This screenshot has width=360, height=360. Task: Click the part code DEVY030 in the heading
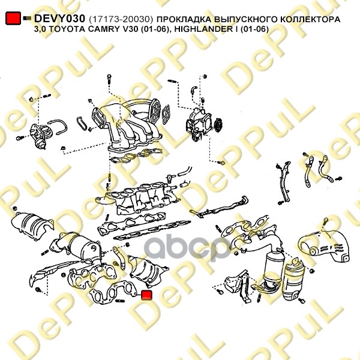tap(59, 19)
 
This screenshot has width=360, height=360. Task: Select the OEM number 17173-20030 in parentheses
tap(121, 20)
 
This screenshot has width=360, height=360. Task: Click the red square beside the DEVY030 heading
tap(13, 18)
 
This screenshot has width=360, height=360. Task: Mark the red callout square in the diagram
tap(146, 295)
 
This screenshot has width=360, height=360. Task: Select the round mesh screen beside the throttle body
tap(218, 125)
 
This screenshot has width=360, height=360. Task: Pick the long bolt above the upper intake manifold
tap(109, 80)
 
